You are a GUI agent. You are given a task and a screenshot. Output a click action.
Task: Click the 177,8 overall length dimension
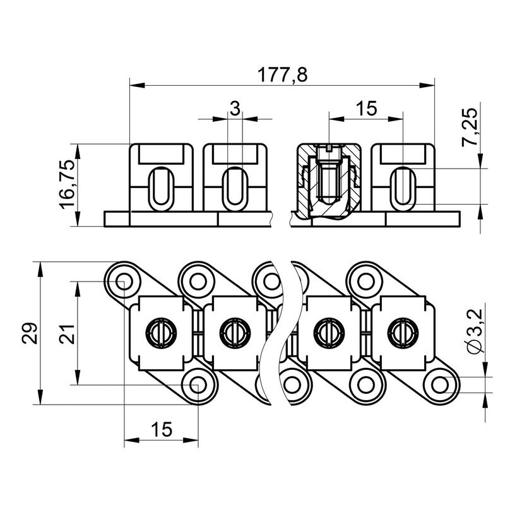point(282,74)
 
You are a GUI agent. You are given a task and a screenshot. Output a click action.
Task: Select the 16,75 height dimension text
point(68,184)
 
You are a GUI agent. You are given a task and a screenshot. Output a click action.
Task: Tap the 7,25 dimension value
point(469,128)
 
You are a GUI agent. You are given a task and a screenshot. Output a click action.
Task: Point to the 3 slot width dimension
point(235,108)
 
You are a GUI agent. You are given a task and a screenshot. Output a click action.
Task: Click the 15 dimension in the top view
point(366,108)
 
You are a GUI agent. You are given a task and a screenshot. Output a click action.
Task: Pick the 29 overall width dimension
point(30,333)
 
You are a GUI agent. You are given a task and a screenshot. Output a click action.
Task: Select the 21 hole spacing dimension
point(68,334)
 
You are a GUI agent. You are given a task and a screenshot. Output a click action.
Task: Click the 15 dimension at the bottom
point(162,429)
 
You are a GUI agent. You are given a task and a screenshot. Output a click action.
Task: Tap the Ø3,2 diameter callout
point(477,331)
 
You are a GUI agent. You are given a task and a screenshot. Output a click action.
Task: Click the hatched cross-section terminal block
point(328,181)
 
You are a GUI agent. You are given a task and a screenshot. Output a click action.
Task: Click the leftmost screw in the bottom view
point(162,333)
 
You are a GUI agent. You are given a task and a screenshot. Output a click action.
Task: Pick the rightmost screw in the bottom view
point(403,333)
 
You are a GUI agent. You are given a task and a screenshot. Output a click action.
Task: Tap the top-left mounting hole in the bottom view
point(124,282)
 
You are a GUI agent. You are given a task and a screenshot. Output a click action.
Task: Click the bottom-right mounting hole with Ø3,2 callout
point(441,385)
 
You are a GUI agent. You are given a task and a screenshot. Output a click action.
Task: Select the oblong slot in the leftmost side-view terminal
point(161,189)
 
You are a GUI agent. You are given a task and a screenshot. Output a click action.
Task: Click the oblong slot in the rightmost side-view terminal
point(403,189)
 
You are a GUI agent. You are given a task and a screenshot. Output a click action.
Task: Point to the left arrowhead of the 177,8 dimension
point(136,86)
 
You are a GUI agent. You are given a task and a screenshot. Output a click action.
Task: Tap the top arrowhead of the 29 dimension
point(40,269)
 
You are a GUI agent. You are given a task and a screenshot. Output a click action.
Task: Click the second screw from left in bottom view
point(235,333)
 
